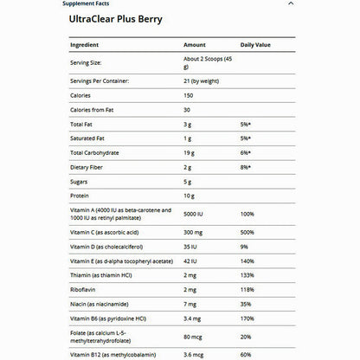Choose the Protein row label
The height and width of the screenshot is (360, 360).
pos(80,196)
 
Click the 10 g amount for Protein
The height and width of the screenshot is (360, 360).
pos(191,196)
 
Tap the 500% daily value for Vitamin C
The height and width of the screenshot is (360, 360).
pos(247,233)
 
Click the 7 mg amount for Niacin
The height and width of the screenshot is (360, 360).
pos(192,305)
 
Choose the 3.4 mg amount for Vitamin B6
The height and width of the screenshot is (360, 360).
pos(194,320)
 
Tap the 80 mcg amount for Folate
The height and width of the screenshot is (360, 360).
pos(194,338)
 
